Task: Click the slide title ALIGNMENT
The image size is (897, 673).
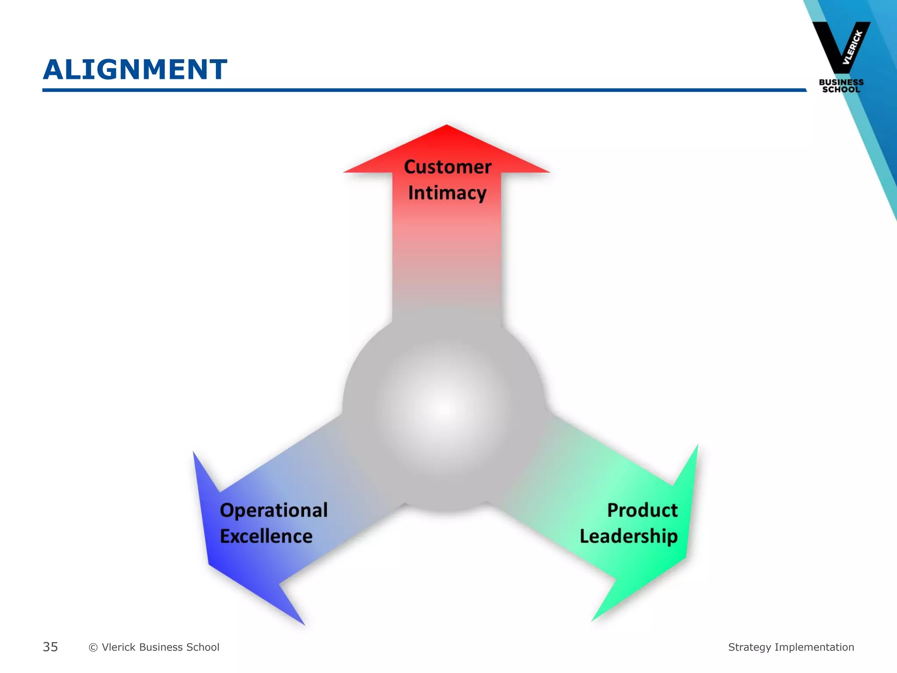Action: click(x=135, y=70)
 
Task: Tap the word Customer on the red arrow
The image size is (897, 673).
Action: click(x=447, y=167)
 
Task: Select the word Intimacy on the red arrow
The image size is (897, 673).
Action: click(x=447, y=193)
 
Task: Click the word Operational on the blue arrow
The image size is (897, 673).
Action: click(x=273, y=510)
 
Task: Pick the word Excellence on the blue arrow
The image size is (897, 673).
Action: click(x=266, y=536)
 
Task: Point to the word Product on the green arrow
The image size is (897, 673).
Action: click(x=642, y=510)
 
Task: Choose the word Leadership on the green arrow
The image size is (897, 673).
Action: click(x=629, y=536)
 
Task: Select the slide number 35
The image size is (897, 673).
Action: click(x=50, y=647)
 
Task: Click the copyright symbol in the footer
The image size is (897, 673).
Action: click(x=93, y=648)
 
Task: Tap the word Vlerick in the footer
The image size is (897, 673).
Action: click(x=118, y=647)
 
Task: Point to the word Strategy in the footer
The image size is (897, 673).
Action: click(x=749, y=648)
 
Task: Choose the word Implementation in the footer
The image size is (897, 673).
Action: click(x=814, y=647)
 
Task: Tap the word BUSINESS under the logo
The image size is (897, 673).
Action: click(x=841, y=82)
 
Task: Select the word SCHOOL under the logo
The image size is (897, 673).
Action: click(x=841, y=89)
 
